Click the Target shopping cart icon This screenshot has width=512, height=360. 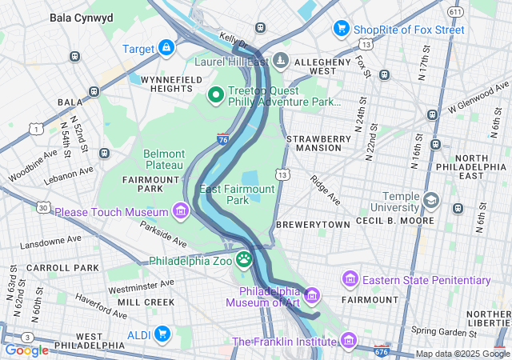point(166,49)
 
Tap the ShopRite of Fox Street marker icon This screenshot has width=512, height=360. point(341,30)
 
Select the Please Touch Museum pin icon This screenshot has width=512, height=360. point(181,212)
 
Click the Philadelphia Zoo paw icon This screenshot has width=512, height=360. point(243,260)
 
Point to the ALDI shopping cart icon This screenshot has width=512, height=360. point(162,333)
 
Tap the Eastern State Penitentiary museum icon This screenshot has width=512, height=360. point(350,279)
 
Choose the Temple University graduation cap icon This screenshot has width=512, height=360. point(432,200)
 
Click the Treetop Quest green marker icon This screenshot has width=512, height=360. point(215,95)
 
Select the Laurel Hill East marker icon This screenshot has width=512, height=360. point(281,61)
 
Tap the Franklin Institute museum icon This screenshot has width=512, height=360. point(348,342)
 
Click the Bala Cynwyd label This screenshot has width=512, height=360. point(82,17)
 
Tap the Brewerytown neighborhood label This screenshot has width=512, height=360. point(313,226)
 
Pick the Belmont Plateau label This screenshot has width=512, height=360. point(164,158)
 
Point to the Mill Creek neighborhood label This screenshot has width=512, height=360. point(146,302)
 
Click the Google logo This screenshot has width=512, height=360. point(26,350)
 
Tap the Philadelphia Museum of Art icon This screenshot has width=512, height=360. point(311,295)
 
